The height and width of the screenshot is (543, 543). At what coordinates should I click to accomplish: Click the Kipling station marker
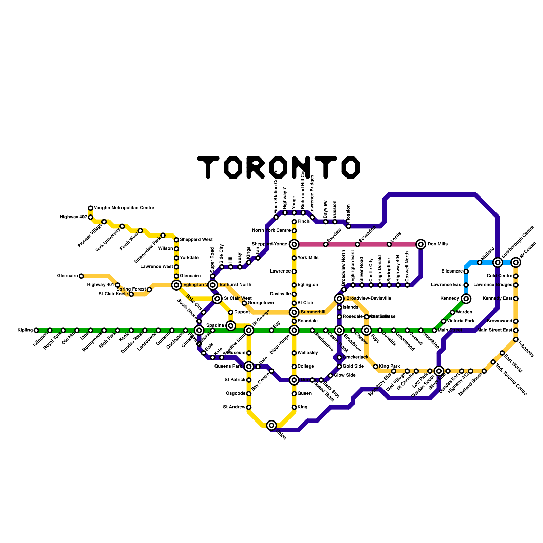(x=36, y=330)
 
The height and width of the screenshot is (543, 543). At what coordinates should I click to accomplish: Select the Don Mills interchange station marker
(x=421, y=244)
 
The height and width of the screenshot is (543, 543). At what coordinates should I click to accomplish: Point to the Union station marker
(x=271, y=425)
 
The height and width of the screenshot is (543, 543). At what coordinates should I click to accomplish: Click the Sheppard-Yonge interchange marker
(x=294, y=244)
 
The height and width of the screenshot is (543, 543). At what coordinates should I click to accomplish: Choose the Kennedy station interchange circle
(x=466, y=299)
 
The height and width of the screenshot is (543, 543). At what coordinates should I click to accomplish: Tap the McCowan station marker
(x=516, y=262)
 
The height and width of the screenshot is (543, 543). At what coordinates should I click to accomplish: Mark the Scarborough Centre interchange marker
(x=498, y=262)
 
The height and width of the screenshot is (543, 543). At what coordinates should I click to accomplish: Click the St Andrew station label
(x=234, y=407)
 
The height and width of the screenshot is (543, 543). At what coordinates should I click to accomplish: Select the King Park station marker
(x=376, y=366)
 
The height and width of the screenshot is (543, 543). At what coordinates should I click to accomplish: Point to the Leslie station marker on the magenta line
(x=389, y=244)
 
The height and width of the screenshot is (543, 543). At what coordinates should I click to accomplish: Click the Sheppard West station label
(x=196, y=240)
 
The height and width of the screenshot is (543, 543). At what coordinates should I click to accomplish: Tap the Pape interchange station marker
(x=367, y=330)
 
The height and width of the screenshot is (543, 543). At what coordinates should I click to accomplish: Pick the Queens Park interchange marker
(x=249, y=366)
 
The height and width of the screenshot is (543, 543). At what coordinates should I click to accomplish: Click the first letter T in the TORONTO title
(x=208, y=167)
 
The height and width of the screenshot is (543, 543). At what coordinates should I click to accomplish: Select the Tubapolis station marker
(x=516, y=339)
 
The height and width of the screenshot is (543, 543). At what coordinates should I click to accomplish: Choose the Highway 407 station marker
(x=91, y=217)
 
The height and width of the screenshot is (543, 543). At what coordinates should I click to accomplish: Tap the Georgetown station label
(x=261, y=303)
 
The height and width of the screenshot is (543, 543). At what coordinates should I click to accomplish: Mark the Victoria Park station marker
(x=444, y=321)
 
